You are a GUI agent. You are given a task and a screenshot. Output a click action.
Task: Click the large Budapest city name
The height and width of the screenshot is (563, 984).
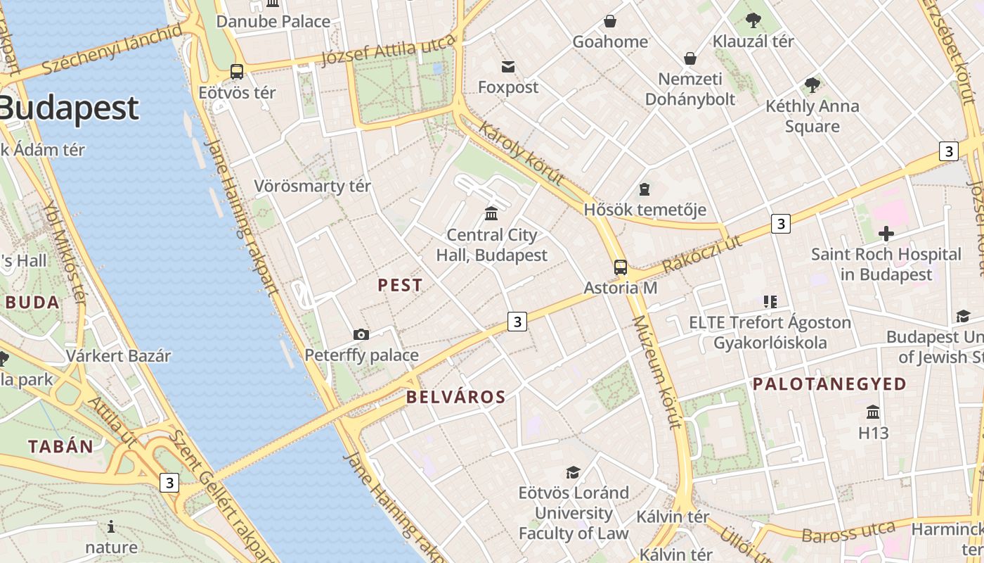coord(69,109)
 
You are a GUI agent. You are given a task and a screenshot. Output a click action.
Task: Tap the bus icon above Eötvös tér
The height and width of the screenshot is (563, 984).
coord(237,71)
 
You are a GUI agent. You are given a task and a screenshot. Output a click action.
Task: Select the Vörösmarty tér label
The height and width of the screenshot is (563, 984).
coord(312,186)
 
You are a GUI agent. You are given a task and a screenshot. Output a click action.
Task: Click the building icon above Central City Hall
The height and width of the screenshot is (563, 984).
coord(491,213)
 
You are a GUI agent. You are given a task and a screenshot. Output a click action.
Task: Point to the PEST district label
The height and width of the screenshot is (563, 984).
coord(400,285)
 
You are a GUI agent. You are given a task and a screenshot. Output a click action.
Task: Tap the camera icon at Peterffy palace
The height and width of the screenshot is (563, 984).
coord(361,334)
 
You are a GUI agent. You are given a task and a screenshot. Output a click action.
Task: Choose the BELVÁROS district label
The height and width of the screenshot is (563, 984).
coord(455,397)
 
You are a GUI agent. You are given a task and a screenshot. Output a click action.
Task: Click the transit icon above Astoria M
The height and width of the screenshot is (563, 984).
coord(620,267)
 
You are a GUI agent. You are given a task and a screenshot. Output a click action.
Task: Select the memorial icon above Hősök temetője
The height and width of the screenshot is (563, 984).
coord(644,189)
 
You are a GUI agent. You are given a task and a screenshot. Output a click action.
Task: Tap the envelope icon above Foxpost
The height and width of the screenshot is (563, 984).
coord(507,67)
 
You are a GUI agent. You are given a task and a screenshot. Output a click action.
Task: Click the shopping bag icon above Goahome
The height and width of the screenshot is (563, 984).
coord(610,21)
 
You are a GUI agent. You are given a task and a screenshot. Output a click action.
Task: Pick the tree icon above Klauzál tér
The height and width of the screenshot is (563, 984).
coord(753,20)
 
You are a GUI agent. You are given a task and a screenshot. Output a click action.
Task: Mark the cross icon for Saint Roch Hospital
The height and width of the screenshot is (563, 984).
coord(886,233)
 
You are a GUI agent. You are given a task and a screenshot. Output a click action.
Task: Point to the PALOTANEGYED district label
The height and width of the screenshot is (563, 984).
coord(829,384)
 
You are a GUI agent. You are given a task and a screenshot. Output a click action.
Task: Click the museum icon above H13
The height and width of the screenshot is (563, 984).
coord(873,412)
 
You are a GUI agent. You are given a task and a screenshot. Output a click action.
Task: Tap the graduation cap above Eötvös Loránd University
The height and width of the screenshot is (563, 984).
coord(574,472)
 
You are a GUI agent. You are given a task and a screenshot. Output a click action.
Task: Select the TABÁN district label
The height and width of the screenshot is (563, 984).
coord(60,446)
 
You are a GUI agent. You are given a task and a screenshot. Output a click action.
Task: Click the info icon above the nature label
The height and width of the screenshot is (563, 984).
coord(111,526)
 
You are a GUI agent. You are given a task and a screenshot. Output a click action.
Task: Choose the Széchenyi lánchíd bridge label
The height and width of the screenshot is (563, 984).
coord(112,49)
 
